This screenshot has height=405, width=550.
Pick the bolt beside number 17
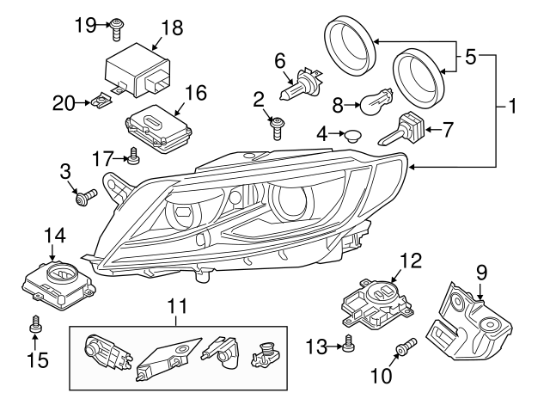133,156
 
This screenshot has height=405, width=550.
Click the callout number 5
470,58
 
